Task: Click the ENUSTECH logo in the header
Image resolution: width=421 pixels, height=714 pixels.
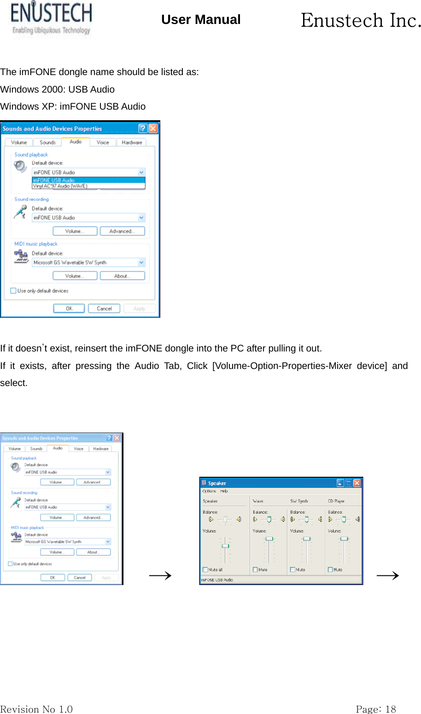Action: coord(51,19)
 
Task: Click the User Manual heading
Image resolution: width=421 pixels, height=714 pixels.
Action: coord(201,20)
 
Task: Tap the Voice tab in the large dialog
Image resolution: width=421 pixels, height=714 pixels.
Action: coord(103,142)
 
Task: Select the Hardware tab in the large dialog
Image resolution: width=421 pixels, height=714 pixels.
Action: coord(132,142)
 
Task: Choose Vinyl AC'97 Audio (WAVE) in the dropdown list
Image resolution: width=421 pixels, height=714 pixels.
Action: coord(60,186)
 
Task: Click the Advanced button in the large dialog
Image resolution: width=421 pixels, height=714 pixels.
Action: coord(122,231)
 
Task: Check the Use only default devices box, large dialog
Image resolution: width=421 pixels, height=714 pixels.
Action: coord(13,291)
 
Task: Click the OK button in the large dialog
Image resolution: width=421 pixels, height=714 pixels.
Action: coord(69,309)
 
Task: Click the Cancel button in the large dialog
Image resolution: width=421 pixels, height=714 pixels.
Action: coord(104,309)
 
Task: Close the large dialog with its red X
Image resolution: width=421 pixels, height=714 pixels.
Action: coord(153,129)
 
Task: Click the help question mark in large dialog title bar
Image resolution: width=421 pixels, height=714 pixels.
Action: coord(143,129)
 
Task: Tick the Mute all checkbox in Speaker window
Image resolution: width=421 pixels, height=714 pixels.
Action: coord(205,570)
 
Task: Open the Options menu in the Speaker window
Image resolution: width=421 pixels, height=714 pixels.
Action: coord(209,491)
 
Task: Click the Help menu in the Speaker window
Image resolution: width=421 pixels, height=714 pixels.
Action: coord(224,491)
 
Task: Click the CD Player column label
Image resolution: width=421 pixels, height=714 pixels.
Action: coord(336,501)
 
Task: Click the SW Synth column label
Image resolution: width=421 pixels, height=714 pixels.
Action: coord(299,501)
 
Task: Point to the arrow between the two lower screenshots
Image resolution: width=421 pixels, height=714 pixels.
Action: coord(160,575)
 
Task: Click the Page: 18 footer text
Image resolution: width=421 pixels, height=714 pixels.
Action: coord(376,709)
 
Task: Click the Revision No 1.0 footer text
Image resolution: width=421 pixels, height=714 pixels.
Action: coord(36,709)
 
